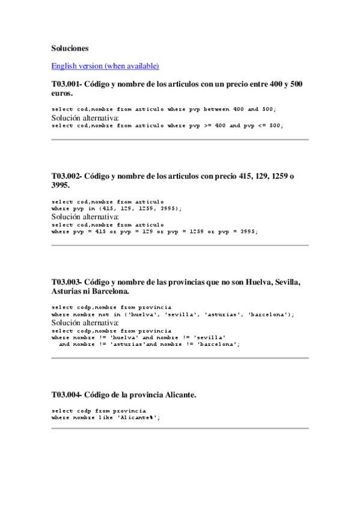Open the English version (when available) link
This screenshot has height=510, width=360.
point(105,66)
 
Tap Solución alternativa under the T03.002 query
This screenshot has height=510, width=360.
point(85,216)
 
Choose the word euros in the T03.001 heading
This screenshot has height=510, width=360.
point(61,94)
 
